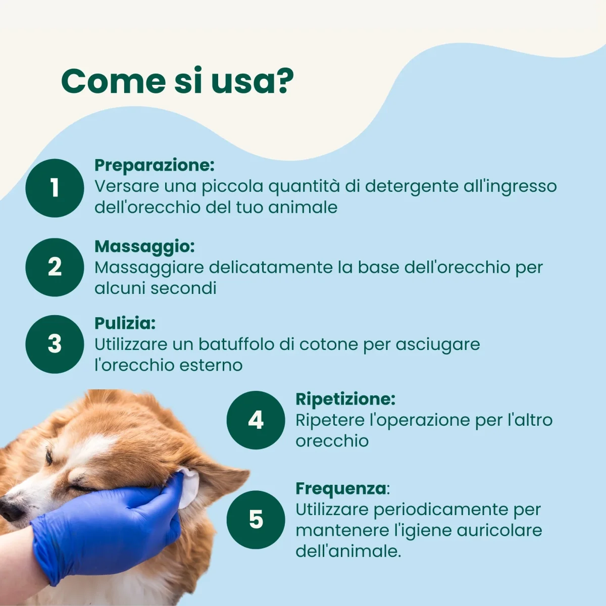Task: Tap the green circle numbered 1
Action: click(x=55, y=188)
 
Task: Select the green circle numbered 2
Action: click(x=55, y=267)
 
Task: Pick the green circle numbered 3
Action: click(x=55, y=344)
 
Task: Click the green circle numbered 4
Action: click(x=256, y=420)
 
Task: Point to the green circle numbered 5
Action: click(x=256, y=520)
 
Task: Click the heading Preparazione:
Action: click(x=155, y=165)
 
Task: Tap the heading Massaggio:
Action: click(x=144, y=246)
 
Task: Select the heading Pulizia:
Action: click(x=125, y=323)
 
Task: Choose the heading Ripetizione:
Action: click(x=345, y=399)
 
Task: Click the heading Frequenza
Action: click(x=341, y=489)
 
